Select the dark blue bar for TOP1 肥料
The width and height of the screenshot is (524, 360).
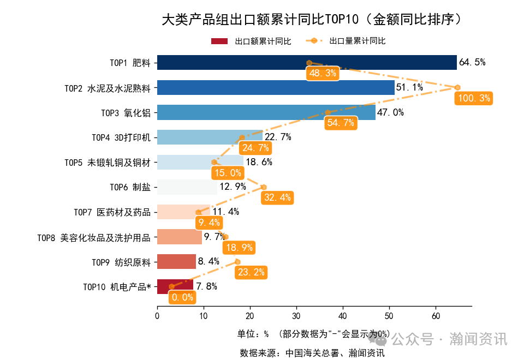pyautogui.click(x=306, y=63)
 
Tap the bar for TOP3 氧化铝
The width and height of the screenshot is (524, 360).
pyautogui.click(x=266, y=112)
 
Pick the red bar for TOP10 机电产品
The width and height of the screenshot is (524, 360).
pyautogui.click(x=175, y=286)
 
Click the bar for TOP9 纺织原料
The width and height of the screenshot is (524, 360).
pyautogui.click(x=176, y=262)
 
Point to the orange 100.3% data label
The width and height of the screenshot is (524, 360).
pyautogui.click(x=474, y=99)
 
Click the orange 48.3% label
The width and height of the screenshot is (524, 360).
pyautogui.click(x=323, y=73)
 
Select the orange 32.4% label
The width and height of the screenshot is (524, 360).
pyautogui.click(x=277, y=197)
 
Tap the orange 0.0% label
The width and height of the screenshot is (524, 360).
pyautogui.click(x=182, y=297)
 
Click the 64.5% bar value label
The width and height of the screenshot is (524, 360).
pyautogui.click(x=472, y=62)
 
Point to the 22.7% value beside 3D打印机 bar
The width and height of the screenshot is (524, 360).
pyautogui.click(x=278, y=137)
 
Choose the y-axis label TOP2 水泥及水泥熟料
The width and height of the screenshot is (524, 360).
pyautogui.click(x=107, y=88)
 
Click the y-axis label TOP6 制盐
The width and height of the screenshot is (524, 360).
pyautogui.click(x=130, y=187)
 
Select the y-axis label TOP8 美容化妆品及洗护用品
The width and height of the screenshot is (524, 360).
pyautogui.click(x=93, y=237)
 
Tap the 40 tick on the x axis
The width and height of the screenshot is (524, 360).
pyautogui.click(x=342, y=316)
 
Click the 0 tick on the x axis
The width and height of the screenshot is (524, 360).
pyautogui.click(x=157, y=316)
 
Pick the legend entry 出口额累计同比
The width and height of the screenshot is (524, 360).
pyautogui.click(x=251, y=41)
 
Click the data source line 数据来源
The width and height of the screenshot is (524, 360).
pyautogui.click(x=312, y=352)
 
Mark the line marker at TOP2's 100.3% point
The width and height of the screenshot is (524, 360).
pyautogui.click(x=457, y=87)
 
